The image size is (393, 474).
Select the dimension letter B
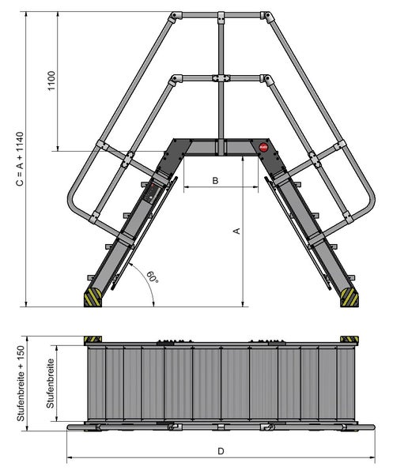215,181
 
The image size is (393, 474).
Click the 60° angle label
152,278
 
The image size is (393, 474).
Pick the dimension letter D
222,451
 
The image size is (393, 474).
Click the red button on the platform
263,147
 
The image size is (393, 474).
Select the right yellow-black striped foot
348,297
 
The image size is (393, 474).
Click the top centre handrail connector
219,16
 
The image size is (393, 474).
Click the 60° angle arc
147,286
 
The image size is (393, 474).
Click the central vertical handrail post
219,111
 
